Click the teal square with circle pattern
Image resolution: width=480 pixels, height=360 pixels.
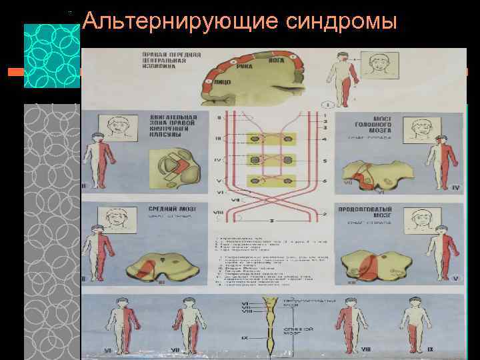(x=52, y=55)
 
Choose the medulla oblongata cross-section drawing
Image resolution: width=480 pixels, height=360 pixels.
(x=373, y=263)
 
